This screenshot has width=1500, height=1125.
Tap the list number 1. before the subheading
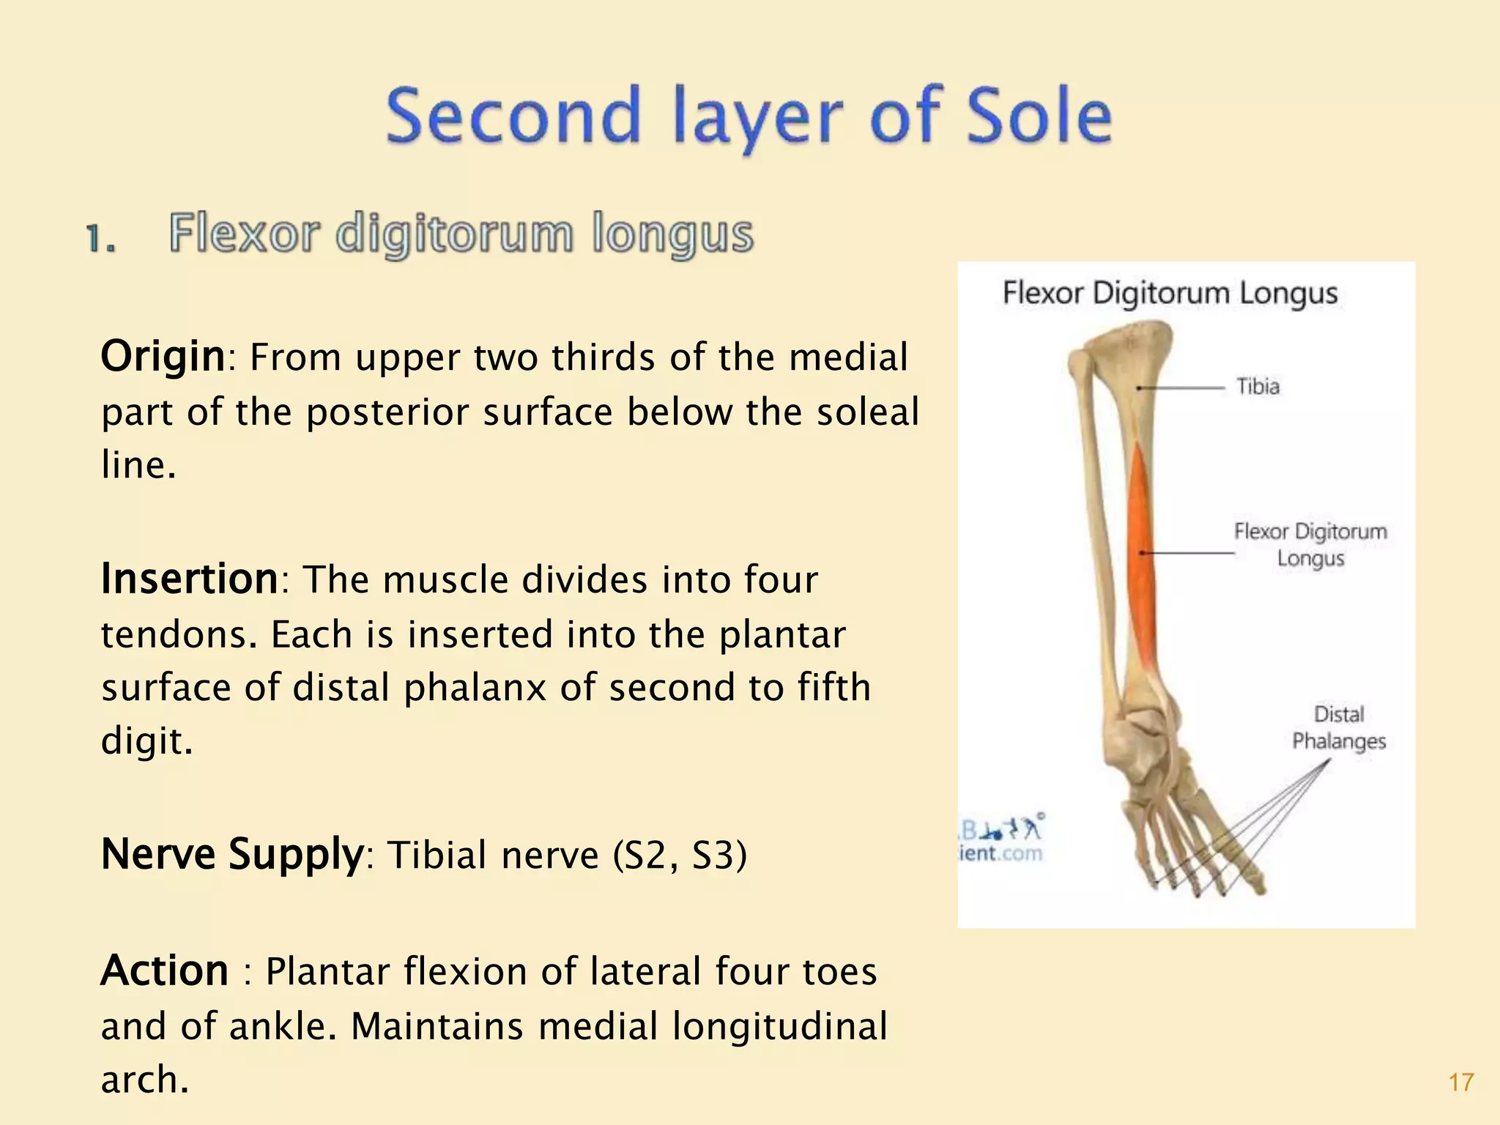tap(100, 238)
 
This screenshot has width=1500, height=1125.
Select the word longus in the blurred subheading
tap(672, 234)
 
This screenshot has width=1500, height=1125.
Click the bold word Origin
tap(163, 357)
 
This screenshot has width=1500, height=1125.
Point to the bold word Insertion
tap(189, 579)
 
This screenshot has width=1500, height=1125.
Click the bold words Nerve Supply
tap(231, 854)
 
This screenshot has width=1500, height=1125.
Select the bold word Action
tap(165, 971)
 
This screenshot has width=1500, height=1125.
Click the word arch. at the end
tap(144, 1080)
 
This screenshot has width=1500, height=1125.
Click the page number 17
tap(1460, 1083)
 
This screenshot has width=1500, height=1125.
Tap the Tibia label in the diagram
tap(1258, 386)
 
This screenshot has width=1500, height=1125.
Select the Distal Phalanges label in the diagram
tap(1339, 727)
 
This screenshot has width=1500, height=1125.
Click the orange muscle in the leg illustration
tap(1141, 557)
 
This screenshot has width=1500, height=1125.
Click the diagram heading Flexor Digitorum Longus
tap(1170, 293)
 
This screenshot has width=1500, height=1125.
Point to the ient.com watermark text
tap(1000, 853)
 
